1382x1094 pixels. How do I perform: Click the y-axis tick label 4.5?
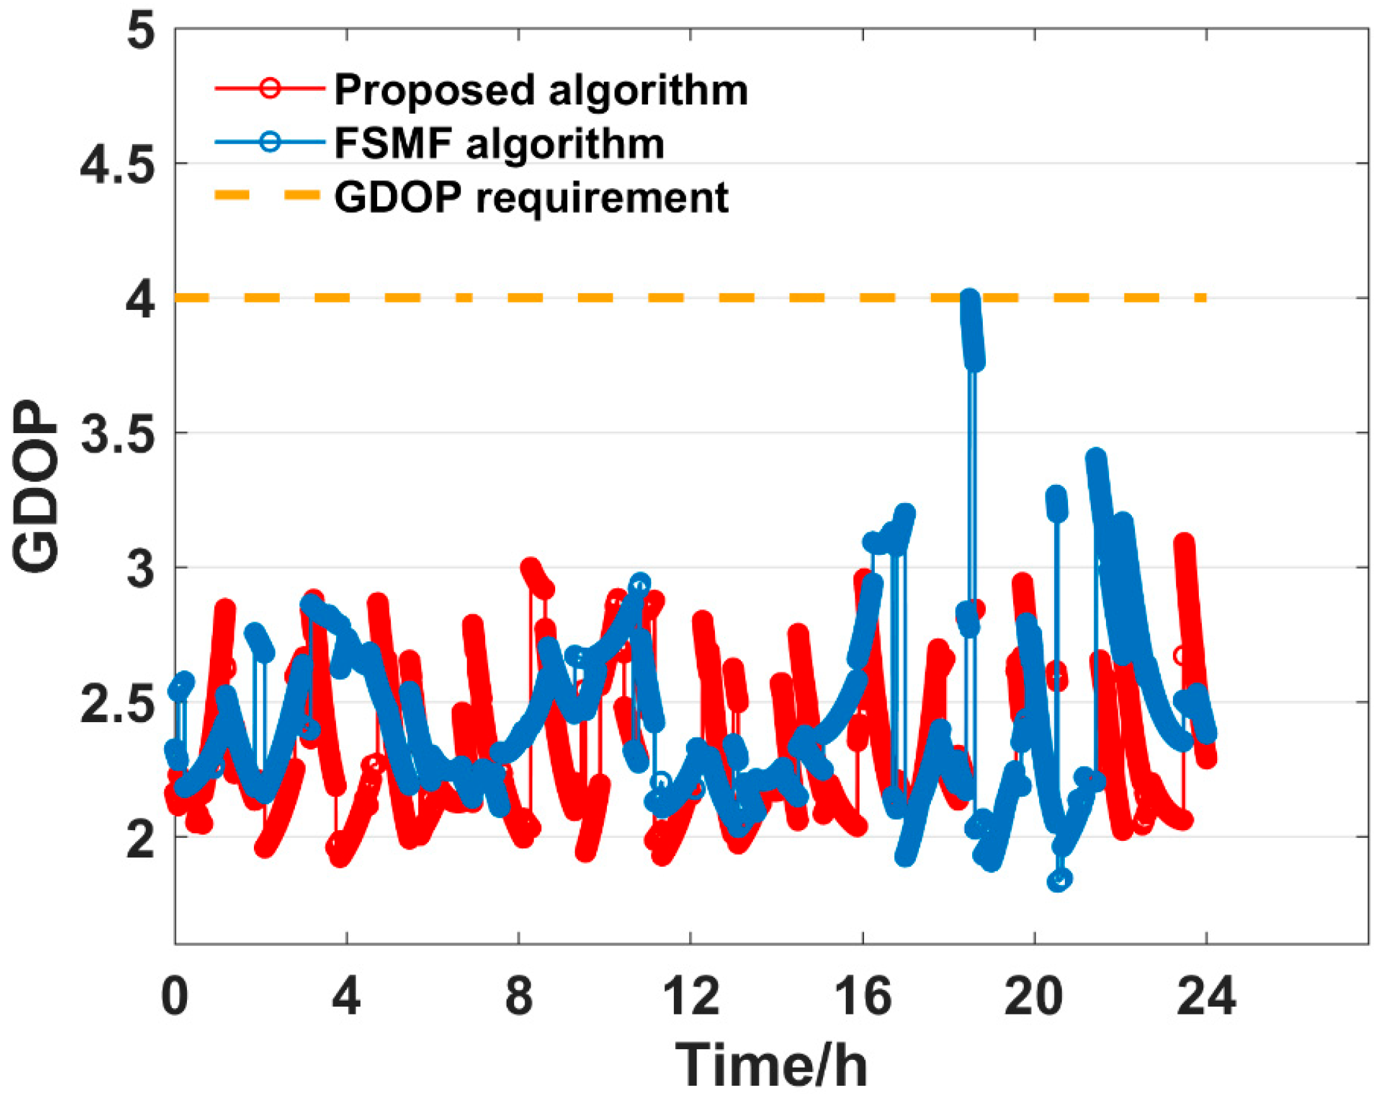(x=118, y=164)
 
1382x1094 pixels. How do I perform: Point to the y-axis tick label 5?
(x=140, y=30)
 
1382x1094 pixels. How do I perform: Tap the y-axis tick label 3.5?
(x=118, y=434)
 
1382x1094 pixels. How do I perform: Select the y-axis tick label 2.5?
(x=118, y=703)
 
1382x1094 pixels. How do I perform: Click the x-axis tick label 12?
(x=690, y=997)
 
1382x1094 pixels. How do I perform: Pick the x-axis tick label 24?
(x=1205, y=997)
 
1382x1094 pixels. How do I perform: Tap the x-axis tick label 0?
(x=174, y=997)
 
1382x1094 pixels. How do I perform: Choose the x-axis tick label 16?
(x=862, y=997)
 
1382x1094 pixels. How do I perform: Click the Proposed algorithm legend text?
(x=541, y=90)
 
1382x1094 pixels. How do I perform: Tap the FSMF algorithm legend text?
(x=499, y=143)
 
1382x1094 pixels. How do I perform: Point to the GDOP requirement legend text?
(x=531, y=196)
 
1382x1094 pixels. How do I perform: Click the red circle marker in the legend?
(x=270, y=88)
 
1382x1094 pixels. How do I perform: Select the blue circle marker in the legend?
(x=270, y=141)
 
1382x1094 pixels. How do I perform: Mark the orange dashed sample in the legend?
(x=267, y=194)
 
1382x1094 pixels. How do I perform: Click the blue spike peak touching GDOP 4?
(x=970, y=300)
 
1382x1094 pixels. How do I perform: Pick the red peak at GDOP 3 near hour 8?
(x=531, y=568)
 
